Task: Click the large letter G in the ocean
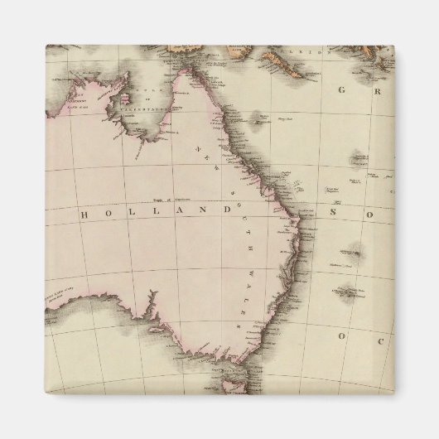click(340, 89)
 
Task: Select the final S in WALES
click(244, 326)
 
